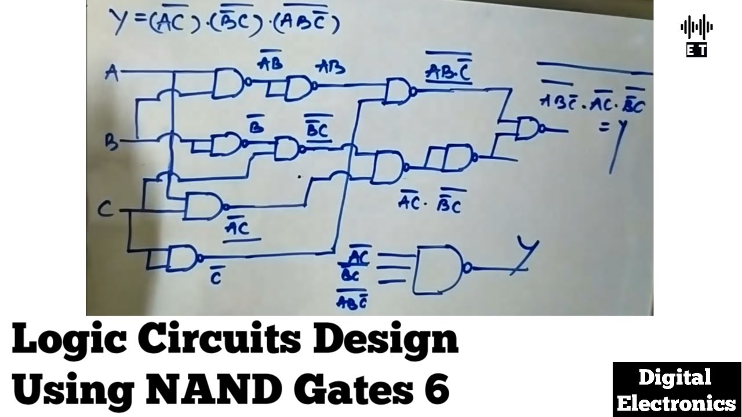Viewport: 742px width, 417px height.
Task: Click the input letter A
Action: click(111, 73)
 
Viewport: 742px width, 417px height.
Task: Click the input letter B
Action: click(111, 140)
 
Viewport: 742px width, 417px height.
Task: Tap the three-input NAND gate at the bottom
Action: click(438, 269)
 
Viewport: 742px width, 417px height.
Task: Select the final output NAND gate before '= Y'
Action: click(528, 129)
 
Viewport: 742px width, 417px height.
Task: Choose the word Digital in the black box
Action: click(675, 378)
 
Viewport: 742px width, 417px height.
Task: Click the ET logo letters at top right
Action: click(696, 51)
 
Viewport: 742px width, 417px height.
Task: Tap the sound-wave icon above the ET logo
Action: click(696, 27)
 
